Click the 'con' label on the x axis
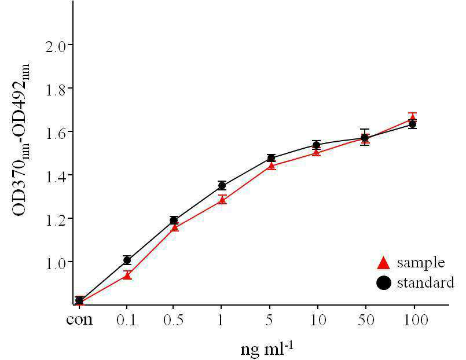tap(79, 320)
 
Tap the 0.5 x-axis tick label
tap(174, 320)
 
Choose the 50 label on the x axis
tap(366, 320)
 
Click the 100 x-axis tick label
tap(416, 320)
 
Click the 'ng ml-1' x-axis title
tap(267, 348)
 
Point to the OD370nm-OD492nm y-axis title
tap(21, 140)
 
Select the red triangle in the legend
tap(383, 263)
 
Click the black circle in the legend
tap(384, 283)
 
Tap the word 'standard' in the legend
tap(425, 282)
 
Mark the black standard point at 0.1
tap(127, 260)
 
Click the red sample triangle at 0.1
tap(127, 276)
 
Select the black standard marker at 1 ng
tap(222, 186)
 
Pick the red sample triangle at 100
tap(413, 117)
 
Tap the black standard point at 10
tap(317, 145)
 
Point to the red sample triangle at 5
tap(271, 166)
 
